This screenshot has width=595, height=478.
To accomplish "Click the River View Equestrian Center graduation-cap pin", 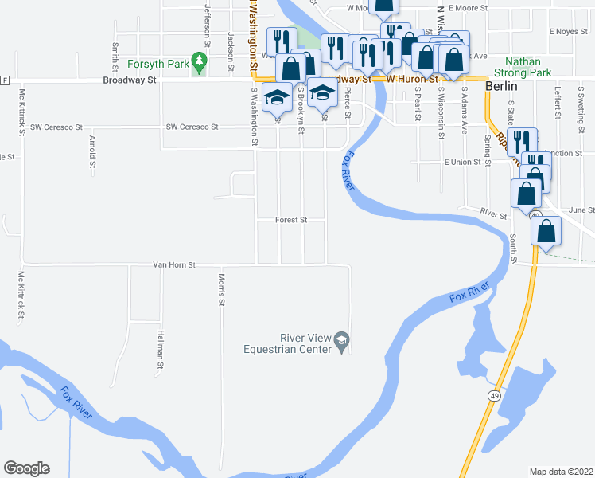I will click(x=341, y=339).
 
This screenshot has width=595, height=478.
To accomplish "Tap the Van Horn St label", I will click(x=174, y=264).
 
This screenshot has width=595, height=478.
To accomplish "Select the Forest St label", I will click(x=290, y=220).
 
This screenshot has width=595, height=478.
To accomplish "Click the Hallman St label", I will click(x=160, y=351).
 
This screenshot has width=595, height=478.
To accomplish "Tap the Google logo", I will click(x=26, y=468).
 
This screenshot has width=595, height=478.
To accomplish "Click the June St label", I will click(x=581, y=210).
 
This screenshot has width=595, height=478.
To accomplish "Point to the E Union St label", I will click(x=462, y=162).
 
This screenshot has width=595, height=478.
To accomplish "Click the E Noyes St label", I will click(x=567, y=32).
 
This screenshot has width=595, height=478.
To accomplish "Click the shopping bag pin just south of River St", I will click(x=546, y=231).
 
